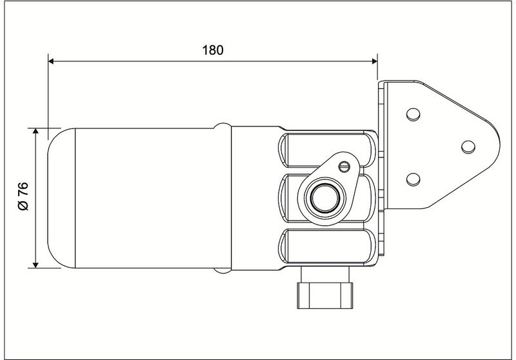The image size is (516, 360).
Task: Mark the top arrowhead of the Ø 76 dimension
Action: tap(36, 132)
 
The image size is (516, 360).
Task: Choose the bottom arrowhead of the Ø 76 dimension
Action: tap(36, 265)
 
